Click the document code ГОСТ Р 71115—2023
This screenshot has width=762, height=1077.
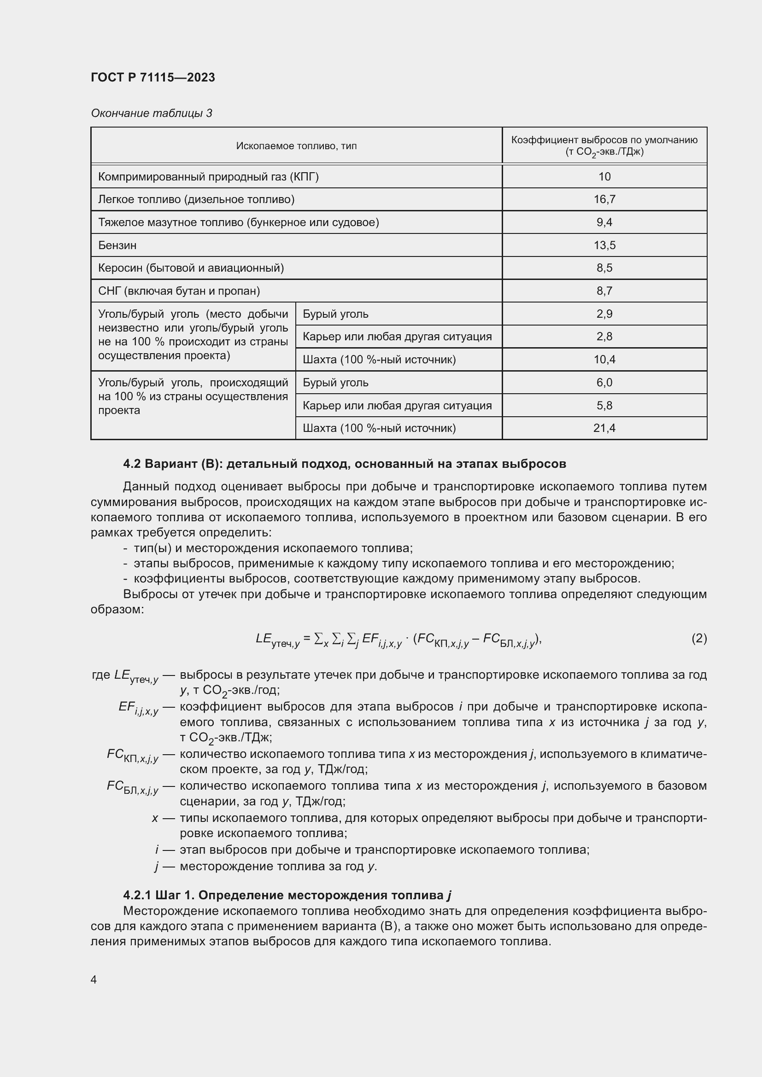152,77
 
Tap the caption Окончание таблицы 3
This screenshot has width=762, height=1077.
151,113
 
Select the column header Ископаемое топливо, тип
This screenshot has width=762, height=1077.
296,146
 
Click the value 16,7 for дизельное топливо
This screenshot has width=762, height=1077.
604,199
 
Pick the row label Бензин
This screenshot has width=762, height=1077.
117,245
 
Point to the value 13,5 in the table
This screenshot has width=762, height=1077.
604,245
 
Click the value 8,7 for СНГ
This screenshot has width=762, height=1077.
604,291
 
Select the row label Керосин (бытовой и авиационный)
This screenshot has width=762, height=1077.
191,268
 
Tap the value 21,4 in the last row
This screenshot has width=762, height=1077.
604,428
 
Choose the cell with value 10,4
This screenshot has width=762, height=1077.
604,359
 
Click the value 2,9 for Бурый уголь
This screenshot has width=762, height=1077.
604,314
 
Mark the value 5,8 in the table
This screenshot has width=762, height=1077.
604,405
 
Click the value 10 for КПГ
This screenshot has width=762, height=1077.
604,177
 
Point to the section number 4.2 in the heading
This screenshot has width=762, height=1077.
132,464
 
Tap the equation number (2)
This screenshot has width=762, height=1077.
699,638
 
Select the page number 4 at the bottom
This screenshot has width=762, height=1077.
94,979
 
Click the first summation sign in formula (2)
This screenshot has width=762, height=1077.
319,638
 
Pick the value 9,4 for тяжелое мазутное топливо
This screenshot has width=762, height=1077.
604,222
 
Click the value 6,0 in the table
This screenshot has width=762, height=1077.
604,382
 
